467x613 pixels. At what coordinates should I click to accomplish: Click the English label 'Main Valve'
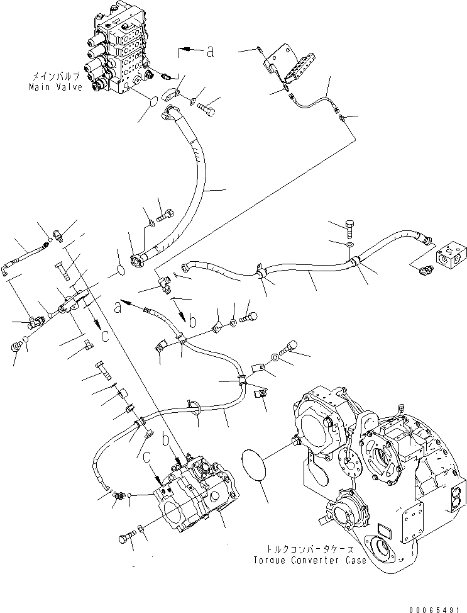pos(55,87)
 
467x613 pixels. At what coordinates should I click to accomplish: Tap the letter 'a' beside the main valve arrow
pos(210,52)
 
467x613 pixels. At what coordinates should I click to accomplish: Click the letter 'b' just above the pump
pos(166,439)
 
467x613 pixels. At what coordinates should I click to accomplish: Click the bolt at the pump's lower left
pos(126,538)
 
